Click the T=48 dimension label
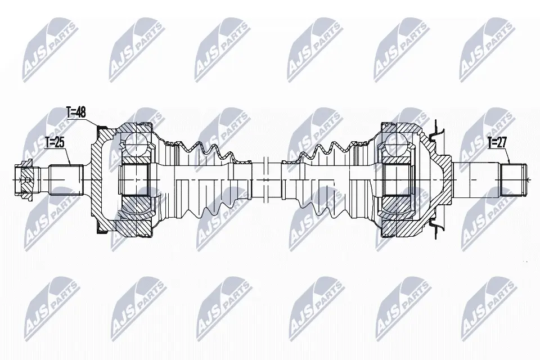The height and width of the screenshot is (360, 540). pyautogui.click(x=76, y=112)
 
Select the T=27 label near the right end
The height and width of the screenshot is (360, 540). pyautogui.click(x=497, y=143)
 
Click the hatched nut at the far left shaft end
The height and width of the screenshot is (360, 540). pyautogui.click(x=24, y=180)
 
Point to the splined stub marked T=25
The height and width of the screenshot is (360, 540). pyautogui.click(x=67, y=180)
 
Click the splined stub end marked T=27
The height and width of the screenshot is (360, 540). pyautogui.click(x=513, y=180)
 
